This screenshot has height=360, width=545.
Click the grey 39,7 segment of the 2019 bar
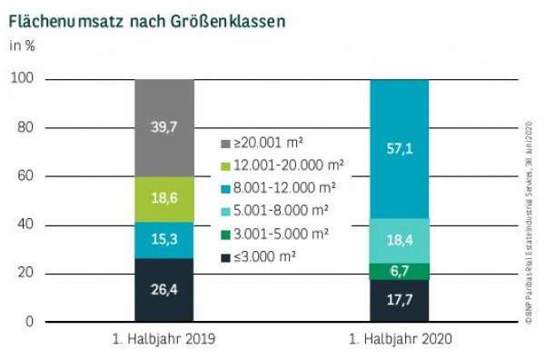click(164, 127)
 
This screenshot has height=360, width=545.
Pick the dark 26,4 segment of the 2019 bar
click(164, 290)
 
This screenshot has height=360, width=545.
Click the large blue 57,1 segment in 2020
click(400, 148)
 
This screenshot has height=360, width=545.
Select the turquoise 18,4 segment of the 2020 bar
click(400, 241)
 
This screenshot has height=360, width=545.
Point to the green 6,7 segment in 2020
click(400, 272)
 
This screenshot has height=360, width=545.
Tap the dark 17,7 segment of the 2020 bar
click(400, 301)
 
